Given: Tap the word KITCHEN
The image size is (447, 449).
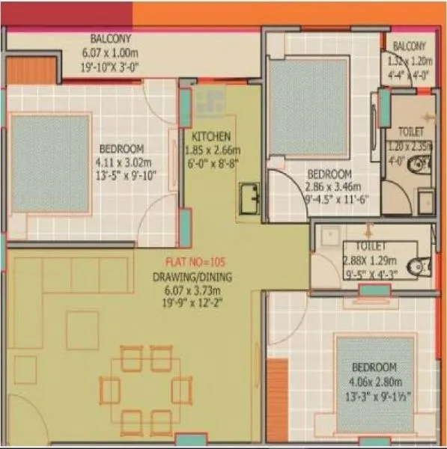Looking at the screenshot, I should pos(210,138).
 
